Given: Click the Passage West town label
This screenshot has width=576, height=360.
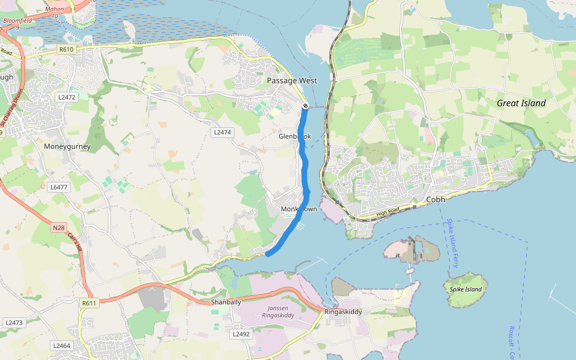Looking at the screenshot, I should click(292, 80).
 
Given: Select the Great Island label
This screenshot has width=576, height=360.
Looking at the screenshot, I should click(521, 103).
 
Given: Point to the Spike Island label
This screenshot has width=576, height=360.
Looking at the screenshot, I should click(466, 289).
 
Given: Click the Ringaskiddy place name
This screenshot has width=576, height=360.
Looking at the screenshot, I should click(343, 312).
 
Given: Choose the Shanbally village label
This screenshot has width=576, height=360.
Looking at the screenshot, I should click(226, 302).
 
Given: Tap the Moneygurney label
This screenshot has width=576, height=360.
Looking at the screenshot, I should click(67, 146).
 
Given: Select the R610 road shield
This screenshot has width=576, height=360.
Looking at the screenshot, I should click(66, 49).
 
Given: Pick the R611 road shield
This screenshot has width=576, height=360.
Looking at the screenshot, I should click(89, 304).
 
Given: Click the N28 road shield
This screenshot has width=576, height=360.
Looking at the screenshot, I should click(58, 227).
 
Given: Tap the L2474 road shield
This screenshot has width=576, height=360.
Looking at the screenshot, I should click(221, 132).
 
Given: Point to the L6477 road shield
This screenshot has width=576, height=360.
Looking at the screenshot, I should click(59, 187).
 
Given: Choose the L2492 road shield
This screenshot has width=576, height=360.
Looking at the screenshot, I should click(241, 334).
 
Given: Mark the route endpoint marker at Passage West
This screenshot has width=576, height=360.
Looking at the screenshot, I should click(305, 106).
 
